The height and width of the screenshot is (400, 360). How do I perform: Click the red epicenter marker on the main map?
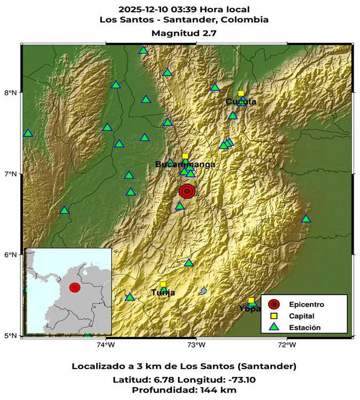click(x=187, y=191)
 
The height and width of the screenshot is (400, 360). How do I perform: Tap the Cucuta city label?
click(x=240, y=102)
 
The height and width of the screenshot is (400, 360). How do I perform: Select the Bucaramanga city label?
click(x=185, y=164)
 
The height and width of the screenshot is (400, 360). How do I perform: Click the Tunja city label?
click(x=163, y=293)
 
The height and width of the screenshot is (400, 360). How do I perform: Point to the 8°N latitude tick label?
click(x=11, y=93)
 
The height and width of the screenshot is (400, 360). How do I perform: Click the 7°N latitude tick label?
click(x=11, y=174)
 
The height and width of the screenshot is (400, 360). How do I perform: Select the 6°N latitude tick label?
click(x=11, y=255)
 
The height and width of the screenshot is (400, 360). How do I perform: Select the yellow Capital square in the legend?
click(x=273, y=316)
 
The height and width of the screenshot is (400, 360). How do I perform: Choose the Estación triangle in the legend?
click(x=273, y=327)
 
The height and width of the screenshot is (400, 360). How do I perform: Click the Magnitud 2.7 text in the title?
click(x=184, y=33)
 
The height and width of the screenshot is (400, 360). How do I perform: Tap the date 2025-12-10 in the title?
click(x=140, y=9)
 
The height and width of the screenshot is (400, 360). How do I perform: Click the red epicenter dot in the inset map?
click(x=75, y=288)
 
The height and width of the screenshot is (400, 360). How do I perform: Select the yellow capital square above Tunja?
click(x=163, y=284)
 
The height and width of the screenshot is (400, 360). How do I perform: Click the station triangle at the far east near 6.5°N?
click(x=306, y=219)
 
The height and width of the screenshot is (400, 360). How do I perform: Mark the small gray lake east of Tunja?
click(x=203, y=291)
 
